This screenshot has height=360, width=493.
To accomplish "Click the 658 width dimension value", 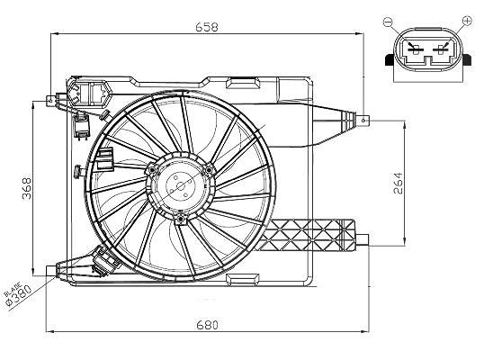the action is click(x=207, y=27).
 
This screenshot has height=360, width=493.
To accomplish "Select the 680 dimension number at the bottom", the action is click(x=207, y=325).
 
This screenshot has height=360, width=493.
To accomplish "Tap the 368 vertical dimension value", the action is click(x=27, y=188).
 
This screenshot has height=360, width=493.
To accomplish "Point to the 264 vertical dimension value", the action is click(x=398, y=184).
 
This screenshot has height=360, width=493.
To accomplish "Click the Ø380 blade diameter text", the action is click(x=20, y=295).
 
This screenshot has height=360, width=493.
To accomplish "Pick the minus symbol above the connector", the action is click(x=388, y=22).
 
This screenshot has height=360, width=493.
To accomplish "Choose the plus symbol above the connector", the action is click(x=468, y=21).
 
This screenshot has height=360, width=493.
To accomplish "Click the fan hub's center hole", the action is click(x=181, y=186).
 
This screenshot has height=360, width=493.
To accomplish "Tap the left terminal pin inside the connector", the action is click(x=416, y=49).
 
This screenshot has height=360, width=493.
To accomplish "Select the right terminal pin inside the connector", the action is click(x=441, y=49).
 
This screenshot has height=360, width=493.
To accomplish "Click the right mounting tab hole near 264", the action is click(x=364, y=120).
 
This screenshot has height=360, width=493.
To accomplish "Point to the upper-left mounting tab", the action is click(x=51, y=101).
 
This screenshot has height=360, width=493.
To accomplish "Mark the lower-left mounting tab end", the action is click(x=51, y=271).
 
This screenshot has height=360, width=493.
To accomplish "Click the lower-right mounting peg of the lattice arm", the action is click(x=362, y=240).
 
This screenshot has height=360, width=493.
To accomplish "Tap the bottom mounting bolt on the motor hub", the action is click(x=181, y=219).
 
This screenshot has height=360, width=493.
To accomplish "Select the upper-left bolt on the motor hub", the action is click(x=153, y=170).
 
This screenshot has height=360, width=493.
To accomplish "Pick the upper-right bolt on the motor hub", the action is click(x=208, y=170).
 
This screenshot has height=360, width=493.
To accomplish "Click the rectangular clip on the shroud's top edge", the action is click(x=243, y=83).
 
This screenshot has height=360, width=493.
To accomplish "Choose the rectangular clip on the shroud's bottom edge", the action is click(x=243, y=280).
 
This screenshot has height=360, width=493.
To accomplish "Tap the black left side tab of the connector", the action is click(x=390, y=59).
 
